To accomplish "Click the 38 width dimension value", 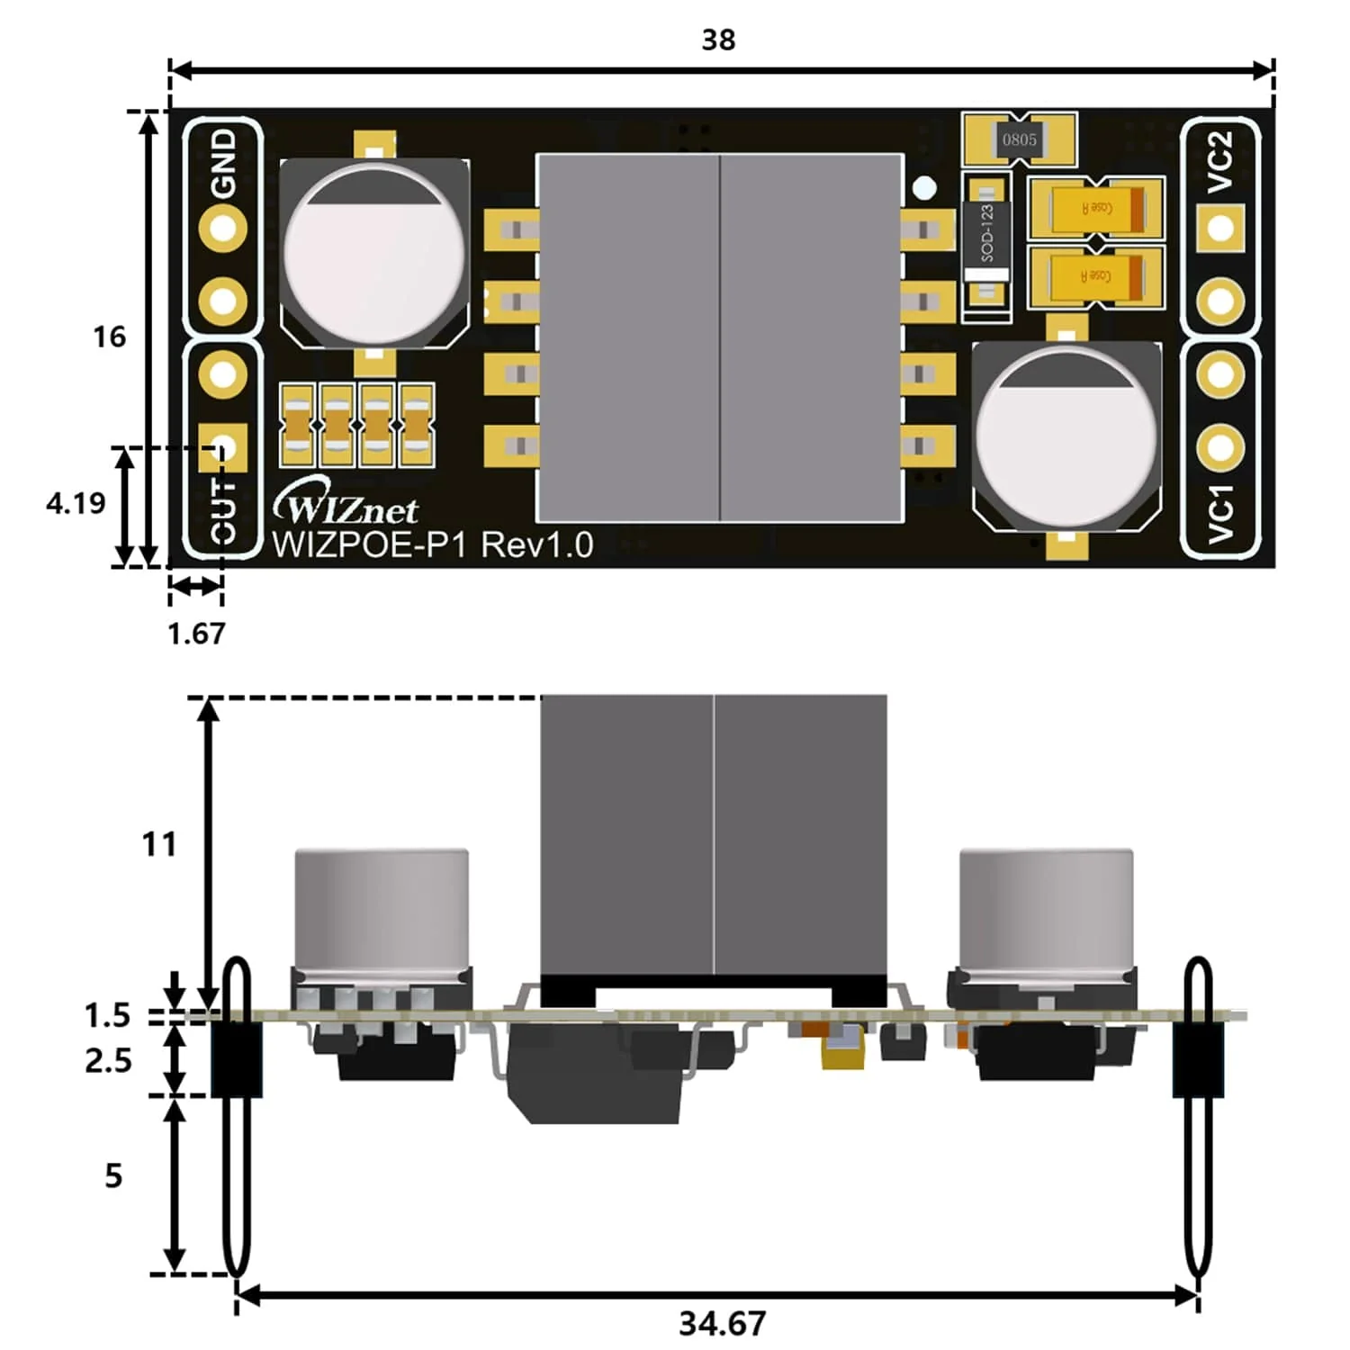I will pos(718,40).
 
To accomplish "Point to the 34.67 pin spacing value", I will pos(722,1323).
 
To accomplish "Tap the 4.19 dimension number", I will pos(76,503).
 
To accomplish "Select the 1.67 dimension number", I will pos(196,634).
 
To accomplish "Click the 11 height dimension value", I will pos(159,844).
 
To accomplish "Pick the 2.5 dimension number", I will pos(108,1061).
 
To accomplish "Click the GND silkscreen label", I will pos(222,162).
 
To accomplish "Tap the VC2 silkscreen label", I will pos(1219,162).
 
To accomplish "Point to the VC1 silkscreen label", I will pos(1219,513).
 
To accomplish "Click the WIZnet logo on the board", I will pos(346,507).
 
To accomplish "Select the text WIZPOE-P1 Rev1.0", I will pos(432,545).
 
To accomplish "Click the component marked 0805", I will pos(1019,139).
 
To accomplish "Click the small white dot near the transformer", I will pos(924,187).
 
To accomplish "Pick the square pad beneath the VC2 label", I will pos(1220,228).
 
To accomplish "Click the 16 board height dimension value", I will pos(109,337).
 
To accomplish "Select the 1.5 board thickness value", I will pos(107,1015).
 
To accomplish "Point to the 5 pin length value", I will pos(112,1175).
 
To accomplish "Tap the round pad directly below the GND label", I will pos(222,228).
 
